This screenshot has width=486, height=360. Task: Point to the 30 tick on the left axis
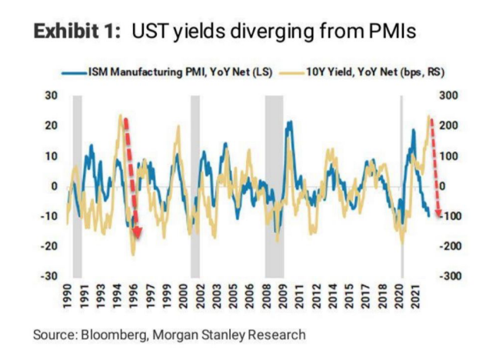51,95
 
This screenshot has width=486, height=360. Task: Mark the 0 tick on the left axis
54,185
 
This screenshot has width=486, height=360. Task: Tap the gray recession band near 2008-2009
274,185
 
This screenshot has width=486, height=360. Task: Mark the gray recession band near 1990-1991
77,185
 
